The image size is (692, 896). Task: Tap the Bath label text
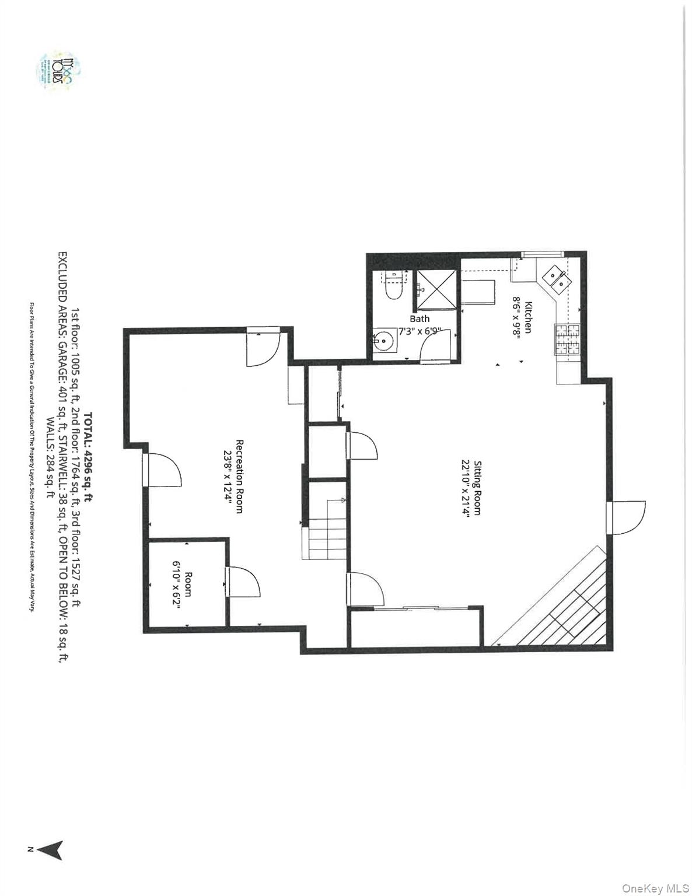[420, 318]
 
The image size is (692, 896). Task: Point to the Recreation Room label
[239, 476]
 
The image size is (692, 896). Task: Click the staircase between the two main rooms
[326, 530]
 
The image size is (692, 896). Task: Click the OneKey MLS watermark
[655, 888]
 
